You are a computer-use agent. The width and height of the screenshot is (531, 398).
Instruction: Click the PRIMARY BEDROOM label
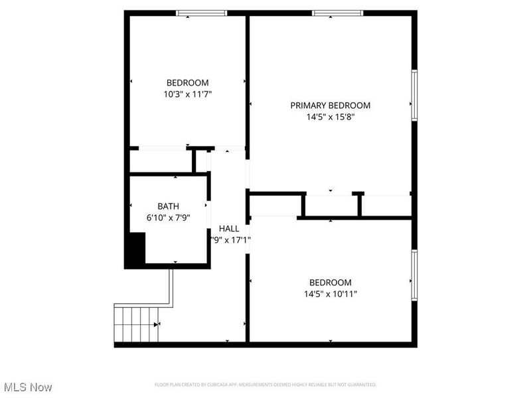tap(330, 105)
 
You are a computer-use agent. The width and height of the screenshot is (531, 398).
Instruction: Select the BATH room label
tap(168, 206)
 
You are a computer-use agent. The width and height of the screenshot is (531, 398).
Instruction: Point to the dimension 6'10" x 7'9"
tap(168, 217)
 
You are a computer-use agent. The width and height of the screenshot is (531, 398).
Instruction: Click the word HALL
tap(229, 229)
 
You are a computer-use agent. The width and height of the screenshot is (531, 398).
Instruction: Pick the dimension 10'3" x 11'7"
tap(188, 94)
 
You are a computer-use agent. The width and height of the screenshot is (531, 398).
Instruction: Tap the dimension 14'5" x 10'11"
tap(330, 294)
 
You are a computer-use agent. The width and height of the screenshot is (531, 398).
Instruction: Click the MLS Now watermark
tap(28, 387)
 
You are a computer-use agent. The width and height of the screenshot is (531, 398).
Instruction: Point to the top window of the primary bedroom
tap(338, 13)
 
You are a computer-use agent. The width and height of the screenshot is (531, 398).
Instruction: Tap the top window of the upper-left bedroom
tap(201, 13)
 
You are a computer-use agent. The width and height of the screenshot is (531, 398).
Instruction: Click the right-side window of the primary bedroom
tap(414, 95)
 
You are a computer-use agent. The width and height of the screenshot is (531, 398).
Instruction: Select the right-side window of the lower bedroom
tap(414, 274)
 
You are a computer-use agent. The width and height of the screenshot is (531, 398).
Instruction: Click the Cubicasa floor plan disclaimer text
tap(265, 385)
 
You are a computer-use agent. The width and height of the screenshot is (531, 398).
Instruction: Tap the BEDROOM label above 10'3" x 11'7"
tap(188, 82)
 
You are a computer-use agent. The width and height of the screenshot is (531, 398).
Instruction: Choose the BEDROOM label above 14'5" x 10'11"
tap(330, 283)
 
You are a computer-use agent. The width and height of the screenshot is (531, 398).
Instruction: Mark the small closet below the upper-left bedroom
tap(160, 161)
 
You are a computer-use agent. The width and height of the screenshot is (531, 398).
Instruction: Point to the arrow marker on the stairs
tap(157, 324)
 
